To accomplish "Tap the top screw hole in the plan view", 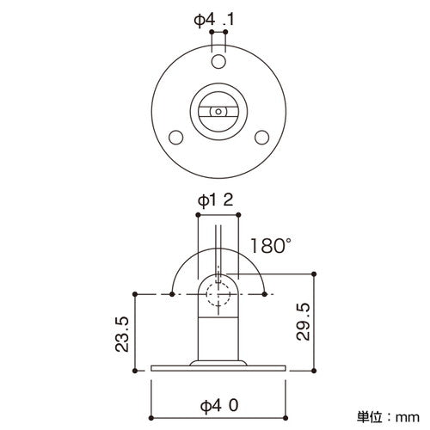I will pos(216,62).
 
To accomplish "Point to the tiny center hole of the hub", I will pos(217,111).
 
